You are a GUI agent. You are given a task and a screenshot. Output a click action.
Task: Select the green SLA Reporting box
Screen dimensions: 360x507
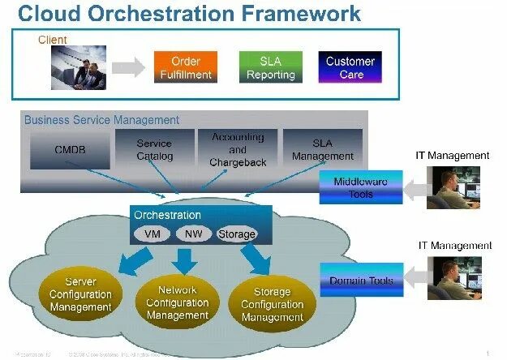pos(271,67)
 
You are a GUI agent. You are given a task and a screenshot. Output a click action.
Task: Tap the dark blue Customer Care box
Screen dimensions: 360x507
pos(350,67)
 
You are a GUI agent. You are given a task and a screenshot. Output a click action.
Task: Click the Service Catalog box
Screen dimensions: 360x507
pos(154,150)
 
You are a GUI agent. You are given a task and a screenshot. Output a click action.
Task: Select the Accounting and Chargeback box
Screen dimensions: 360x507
pos(238,150)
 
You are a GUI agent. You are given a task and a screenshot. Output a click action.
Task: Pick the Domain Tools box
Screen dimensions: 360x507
pos(361,281)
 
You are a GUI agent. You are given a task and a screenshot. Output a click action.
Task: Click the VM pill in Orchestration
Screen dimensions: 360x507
pos(152,234)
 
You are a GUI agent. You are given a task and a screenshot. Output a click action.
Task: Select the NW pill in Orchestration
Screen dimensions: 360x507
pos(193,234)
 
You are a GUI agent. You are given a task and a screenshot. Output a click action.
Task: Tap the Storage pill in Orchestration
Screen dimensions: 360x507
pos(236,234)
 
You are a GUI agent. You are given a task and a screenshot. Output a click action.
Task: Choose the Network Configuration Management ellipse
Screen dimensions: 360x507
pos(178,302)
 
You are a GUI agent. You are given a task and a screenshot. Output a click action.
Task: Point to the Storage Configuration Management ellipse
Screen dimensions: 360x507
pos(273,305)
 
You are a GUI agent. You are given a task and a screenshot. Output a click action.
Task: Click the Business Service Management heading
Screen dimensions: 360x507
pos(101,120)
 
